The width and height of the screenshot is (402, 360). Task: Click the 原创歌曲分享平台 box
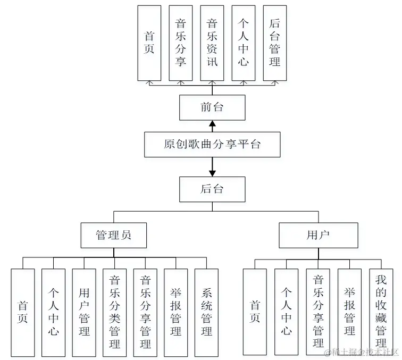(x=212, y=144)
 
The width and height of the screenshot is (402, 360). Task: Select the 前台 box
(x=212, y=107)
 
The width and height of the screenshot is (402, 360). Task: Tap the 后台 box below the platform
(x=212, y=189)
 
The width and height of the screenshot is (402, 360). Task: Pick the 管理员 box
(x=114, y=235)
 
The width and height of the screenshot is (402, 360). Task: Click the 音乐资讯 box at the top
(x=212, y=43)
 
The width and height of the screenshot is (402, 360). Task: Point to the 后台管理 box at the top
(x=275, y=43)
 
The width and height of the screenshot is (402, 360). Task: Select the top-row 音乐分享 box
(x=181, y=43)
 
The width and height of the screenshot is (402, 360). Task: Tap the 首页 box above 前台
(x=149, y=43)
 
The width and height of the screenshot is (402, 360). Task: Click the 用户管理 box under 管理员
(x=84, y=312)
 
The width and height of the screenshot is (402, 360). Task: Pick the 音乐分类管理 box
(x=114, y=312)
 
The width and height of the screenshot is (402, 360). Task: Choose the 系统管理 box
(x=207, y=312)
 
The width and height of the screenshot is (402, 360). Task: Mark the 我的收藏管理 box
(x=381, y=312)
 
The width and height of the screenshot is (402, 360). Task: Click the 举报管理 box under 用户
(x=349, y=312)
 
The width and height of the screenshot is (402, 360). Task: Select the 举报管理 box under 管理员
(x=176, y=312)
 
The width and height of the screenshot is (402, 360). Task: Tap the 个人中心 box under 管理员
(x=54, y=312)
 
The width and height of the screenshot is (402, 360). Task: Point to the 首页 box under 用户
(x=255, y=312)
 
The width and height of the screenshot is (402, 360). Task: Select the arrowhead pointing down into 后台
(x=212, y=173)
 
